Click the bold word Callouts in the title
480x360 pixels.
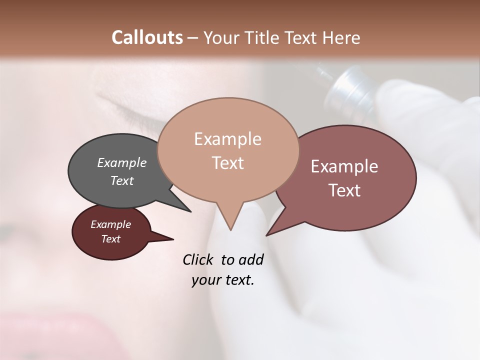point(147,37)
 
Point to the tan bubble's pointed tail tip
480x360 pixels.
point(230,229)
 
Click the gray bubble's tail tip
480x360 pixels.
point(190,211)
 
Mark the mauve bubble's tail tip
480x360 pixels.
point(266,235)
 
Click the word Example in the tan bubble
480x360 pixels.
point(227,139)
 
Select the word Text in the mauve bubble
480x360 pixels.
point(344,190)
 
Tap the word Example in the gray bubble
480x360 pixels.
point(122,162)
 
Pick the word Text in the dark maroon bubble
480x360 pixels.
point(111,239)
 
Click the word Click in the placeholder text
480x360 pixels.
point(199,259)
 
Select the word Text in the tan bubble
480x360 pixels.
point(227,163)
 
